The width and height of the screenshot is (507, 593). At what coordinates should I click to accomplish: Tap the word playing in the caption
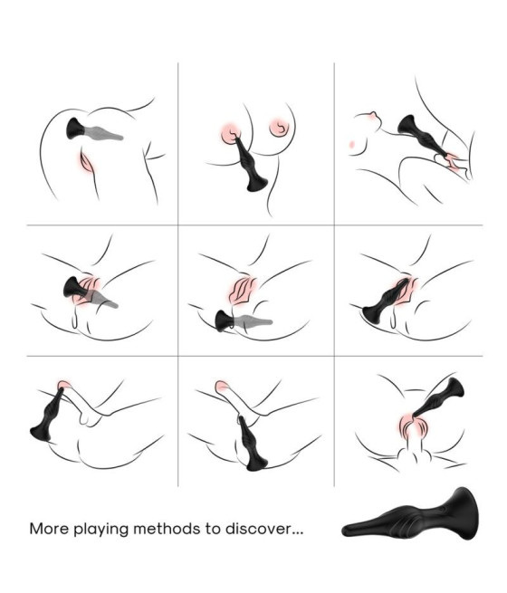100,530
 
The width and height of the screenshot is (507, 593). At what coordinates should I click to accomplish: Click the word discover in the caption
257,529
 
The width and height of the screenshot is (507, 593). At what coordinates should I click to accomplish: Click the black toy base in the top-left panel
75,129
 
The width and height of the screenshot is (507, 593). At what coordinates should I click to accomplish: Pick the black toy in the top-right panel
422,136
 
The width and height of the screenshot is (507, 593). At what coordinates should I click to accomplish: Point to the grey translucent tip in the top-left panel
103,133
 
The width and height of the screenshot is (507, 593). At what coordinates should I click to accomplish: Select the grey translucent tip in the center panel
253,321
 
